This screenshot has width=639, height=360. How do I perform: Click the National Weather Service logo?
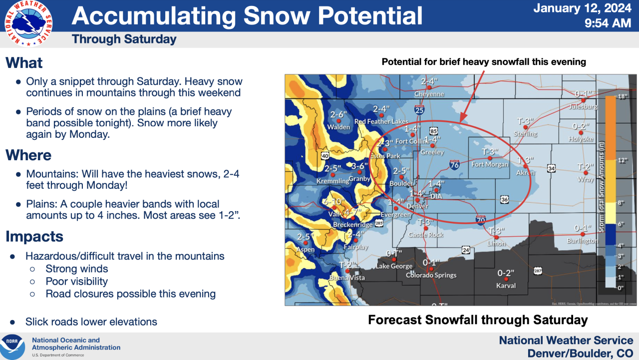(28, 23)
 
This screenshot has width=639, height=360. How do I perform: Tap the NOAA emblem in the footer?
(12, 347)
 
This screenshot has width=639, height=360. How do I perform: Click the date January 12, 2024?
(583, 8)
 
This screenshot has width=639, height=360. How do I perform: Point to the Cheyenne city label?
(429, 94)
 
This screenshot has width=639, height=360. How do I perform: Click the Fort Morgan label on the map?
(490, 164)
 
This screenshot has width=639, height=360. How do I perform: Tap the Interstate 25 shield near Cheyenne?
(419, 109)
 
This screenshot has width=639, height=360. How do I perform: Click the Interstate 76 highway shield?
(454, 165)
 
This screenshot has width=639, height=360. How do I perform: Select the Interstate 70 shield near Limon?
(480, 219)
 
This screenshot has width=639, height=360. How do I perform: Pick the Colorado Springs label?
(431, 275)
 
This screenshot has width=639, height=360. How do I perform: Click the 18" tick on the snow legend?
(622, 97)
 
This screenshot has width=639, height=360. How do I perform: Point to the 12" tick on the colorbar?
(622, 161)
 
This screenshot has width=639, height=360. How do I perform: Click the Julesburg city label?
(583, 106)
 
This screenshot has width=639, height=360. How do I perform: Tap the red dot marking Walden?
(338, 120)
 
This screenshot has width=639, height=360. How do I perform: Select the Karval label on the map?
(506, 286)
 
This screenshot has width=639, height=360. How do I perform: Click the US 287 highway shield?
(538, 271)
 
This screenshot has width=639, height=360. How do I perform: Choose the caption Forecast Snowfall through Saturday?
(477, 320)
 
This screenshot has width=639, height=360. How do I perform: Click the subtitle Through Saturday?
(124, 39)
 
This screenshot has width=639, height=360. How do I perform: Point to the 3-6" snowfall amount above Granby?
(359, 166)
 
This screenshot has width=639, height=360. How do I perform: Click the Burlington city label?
(582, 241)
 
